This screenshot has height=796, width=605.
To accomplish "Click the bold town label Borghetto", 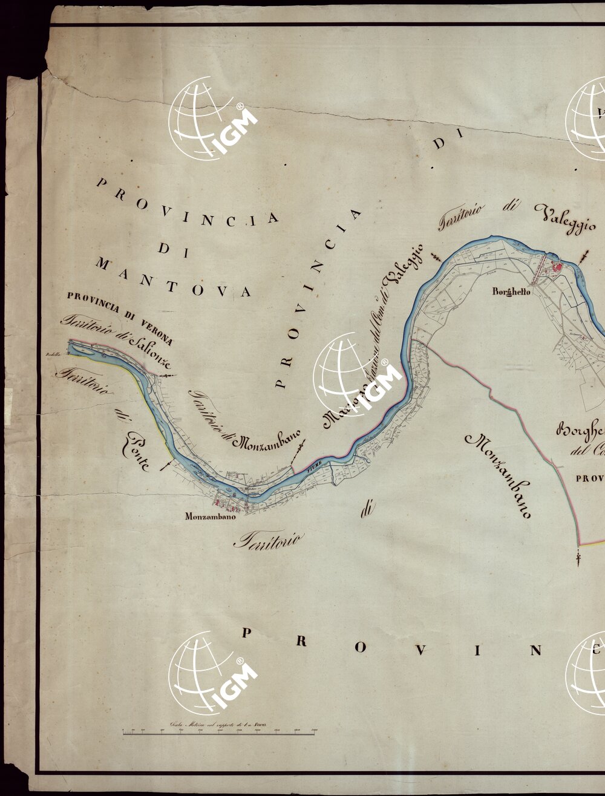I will pos(511,292).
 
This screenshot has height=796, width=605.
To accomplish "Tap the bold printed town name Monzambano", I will pos(210,517).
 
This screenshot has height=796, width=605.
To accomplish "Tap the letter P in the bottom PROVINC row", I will pos(246,633).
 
